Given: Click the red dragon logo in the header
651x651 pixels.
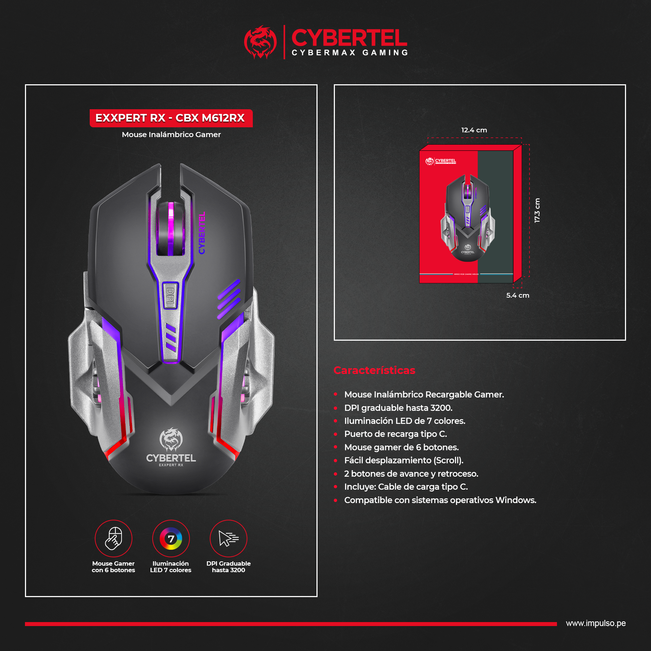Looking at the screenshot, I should [x=260, y=42].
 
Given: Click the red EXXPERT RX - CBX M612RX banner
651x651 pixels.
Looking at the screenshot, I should [x=171, y=118].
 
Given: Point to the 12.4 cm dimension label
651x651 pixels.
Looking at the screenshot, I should [x=474, y=130].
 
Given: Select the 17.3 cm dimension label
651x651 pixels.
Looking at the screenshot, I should [x=537, y=210].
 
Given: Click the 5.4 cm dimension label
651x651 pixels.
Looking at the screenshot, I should [x=518, y=295].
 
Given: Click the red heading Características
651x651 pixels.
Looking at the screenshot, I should [x=374, y=370].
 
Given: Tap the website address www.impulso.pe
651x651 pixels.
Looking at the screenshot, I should [x=596, y=624].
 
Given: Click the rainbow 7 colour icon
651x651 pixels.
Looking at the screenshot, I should [x=171, y=539].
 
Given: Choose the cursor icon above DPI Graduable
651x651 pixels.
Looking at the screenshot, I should [x=229, y=539].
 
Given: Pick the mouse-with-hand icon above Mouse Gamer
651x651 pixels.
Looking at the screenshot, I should [x=114, y=539].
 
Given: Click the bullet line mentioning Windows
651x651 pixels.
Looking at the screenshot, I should [x=440, y=500].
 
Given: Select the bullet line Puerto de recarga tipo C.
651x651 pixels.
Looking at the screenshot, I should [x=395, y=434].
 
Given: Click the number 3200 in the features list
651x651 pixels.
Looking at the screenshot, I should [x=441, y=408].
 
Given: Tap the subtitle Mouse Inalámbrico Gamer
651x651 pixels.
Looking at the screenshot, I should [x=171, y=135].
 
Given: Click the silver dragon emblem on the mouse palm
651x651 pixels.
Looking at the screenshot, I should [x=171, y=439].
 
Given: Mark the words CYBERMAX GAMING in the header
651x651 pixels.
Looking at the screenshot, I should [x=350, y=53].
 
